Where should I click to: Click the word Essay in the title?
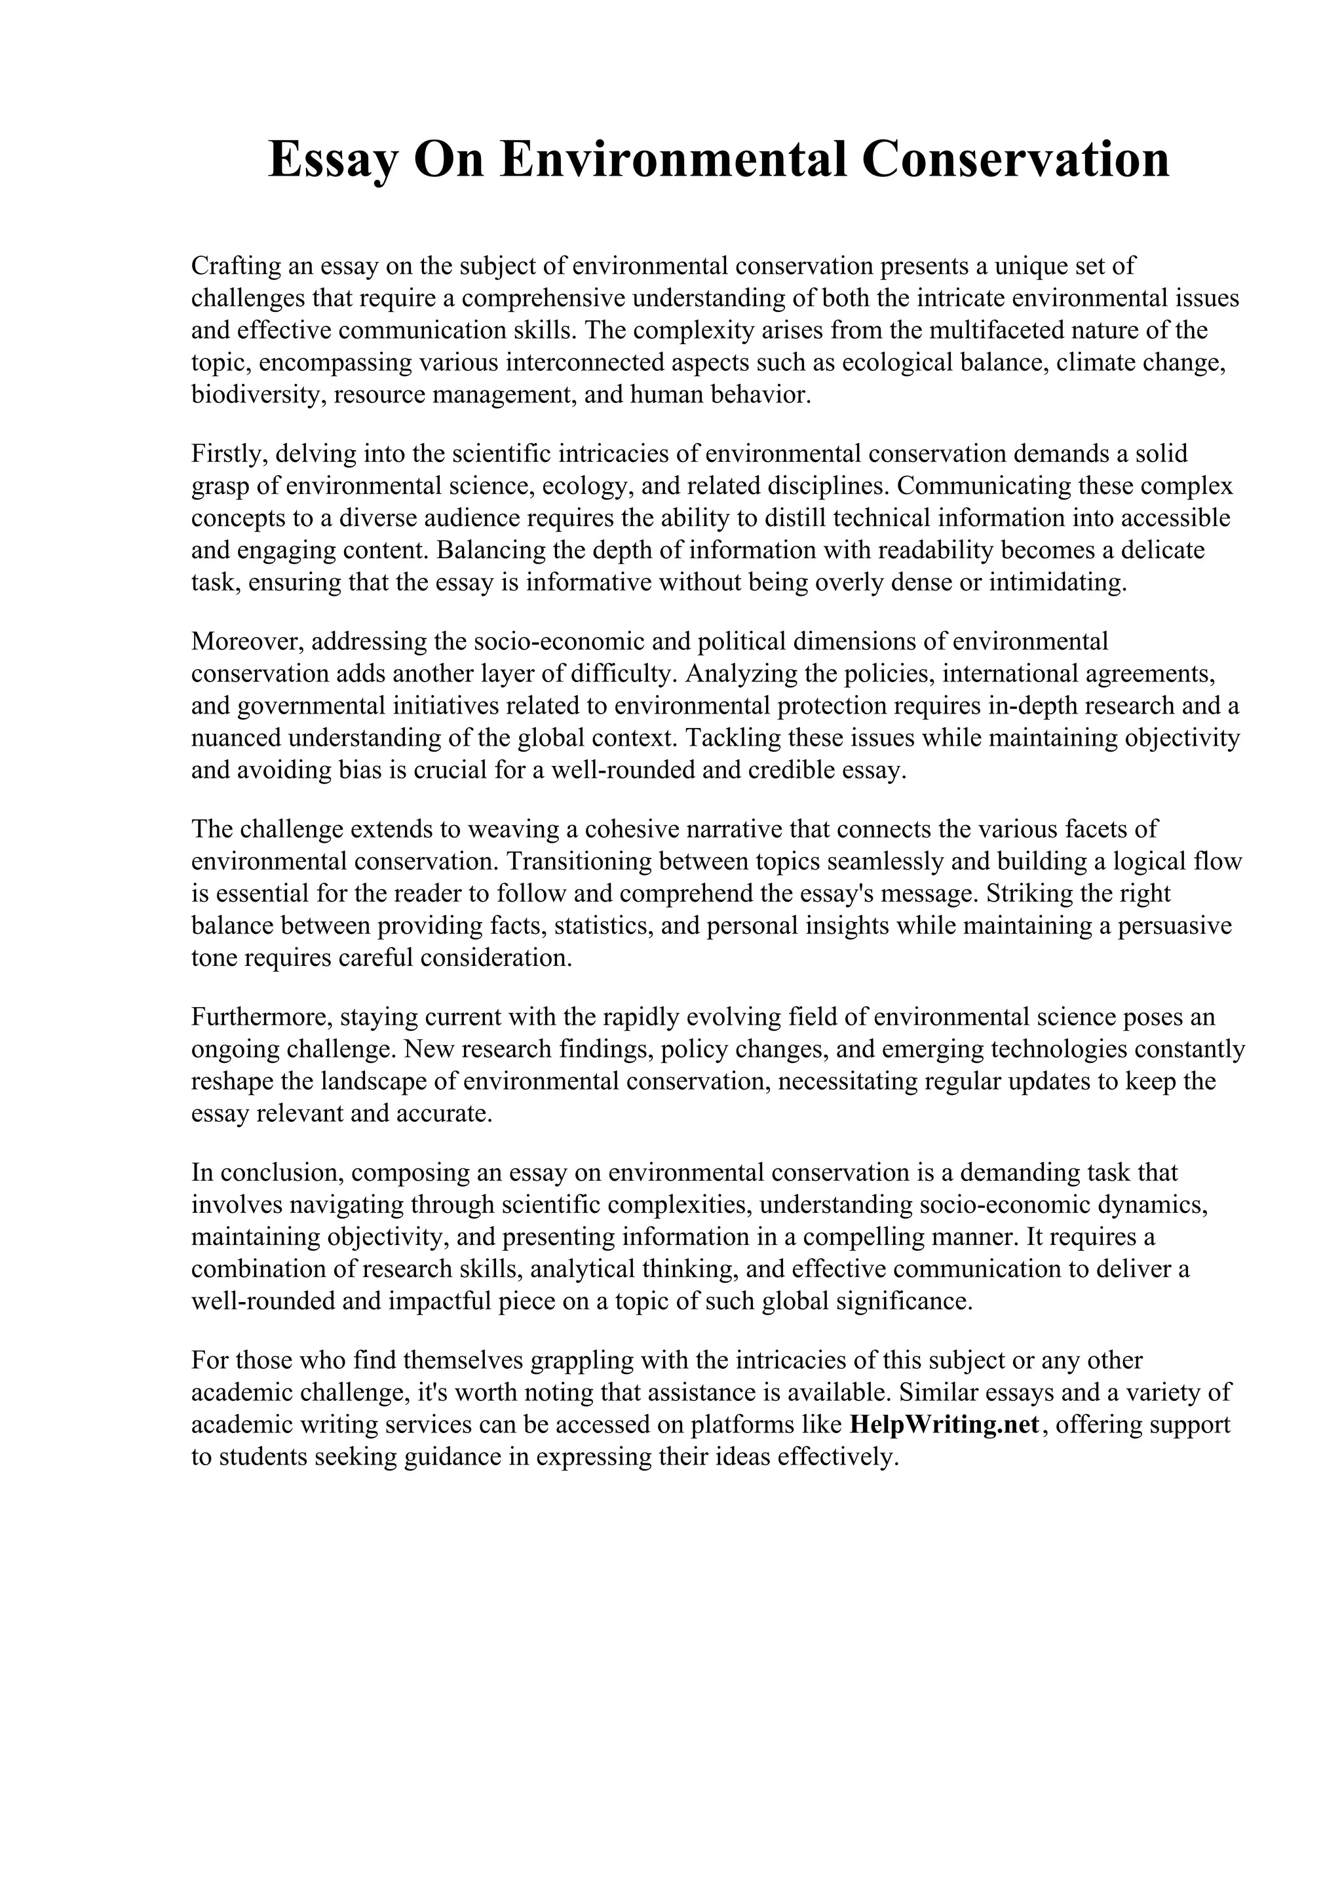pyautogui.click(x=334, y=161)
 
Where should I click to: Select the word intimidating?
pyautogui.click(x=1058, y=583)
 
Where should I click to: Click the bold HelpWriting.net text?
pyautogui.click(x=944, y=1425)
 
